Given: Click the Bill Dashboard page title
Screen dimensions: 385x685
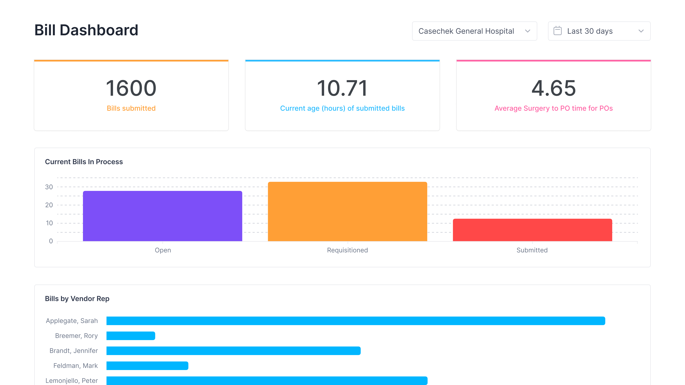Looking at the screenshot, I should coord(86,30).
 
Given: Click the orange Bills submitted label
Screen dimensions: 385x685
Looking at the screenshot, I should coord(131,108).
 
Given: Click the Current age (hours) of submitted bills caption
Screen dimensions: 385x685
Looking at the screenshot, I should coord(342,108).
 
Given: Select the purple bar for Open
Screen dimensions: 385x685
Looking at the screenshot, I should coord(162,216).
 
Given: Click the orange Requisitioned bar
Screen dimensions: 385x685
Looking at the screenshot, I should coord(347,211).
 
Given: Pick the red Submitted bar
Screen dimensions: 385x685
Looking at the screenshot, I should coord(532,230).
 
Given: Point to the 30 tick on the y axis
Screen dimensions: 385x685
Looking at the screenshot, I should coord(49,187).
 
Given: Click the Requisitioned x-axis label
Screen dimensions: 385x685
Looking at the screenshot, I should coord(347,250).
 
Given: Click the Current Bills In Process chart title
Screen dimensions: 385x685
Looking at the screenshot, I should coord(84,162).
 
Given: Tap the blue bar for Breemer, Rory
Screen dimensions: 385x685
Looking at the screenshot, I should coord(131,336).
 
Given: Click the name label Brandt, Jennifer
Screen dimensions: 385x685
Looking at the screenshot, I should coord(74,351).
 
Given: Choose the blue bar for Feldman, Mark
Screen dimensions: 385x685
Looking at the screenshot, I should coord(147,366).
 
